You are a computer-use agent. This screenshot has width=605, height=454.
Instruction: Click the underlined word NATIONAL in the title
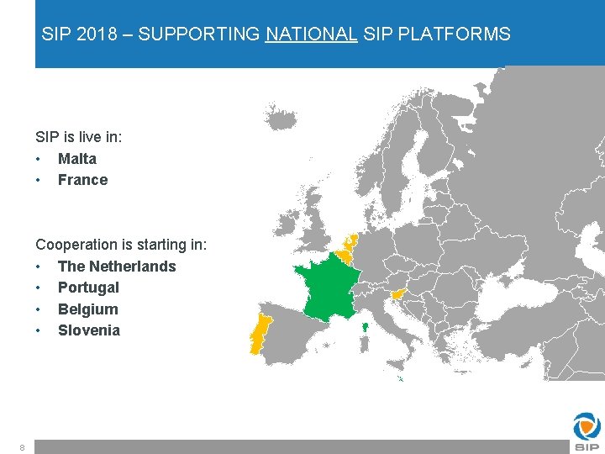coord(311,34)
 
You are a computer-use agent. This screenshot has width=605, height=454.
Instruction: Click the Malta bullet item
coord(76,159)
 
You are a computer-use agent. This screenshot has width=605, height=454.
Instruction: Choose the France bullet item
coord(82,180)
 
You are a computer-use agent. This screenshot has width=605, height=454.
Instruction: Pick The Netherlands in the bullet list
coord(116,267)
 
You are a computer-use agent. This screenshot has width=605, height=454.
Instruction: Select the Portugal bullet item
coord(88,288)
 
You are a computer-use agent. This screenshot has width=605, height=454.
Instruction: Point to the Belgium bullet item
coord(87,309)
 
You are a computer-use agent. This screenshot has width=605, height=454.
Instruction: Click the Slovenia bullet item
coord(88,330)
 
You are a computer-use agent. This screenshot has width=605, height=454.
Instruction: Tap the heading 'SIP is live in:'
coord(78,136)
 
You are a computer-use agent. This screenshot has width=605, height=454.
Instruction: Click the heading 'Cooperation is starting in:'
coord(121,245)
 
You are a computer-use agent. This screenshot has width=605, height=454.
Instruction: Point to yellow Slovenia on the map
coord(397,293)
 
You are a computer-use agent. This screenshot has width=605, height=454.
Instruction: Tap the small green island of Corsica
coord(366,327)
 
